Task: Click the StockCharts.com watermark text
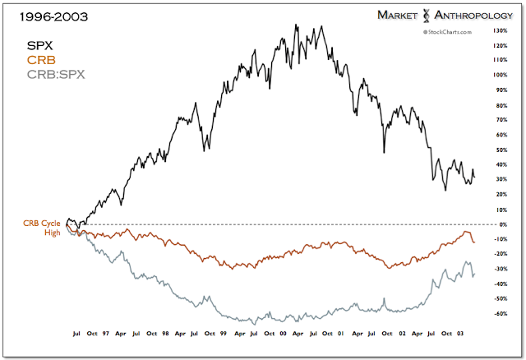[x=450, y=31]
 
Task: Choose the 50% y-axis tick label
[x=500, y=150]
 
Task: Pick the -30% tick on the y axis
[x=499, y=269]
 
